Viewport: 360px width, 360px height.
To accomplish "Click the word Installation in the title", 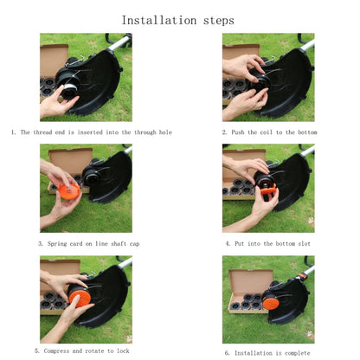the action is coord(159,21).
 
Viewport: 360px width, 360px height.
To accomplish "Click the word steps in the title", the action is coord(219,21).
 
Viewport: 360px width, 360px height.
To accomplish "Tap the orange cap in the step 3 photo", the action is coord(69,190).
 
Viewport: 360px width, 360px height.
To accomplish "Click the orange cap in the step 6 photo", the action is coord(271,303).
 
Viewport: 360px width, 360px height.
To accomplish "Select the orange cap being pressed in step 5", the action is coord(80,298).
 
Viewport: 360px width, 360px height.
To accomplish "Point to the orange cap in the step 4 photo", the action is coord(268,190).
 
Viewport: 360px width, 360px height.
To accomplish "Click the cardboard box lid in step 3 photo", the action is coord(71,160).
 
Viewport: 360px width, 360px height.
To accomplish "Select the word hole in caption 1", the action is coord(165,132).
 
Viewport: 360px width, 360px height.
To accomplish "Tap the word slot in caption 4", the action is coord(304,244).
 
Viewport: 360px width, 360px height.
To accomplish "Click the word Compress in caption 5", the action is coord(56,351).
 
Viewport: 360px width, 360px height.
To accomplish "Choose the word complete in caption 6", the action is coord(298,353).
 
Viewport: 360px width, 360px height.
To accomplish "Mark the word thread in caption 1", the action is coord(42,132).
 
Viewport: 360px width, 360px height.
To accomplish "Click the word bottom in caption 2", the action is coord(307,132).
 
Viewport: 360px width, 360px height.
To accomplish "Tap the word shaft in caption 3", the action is coord(119,244).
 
